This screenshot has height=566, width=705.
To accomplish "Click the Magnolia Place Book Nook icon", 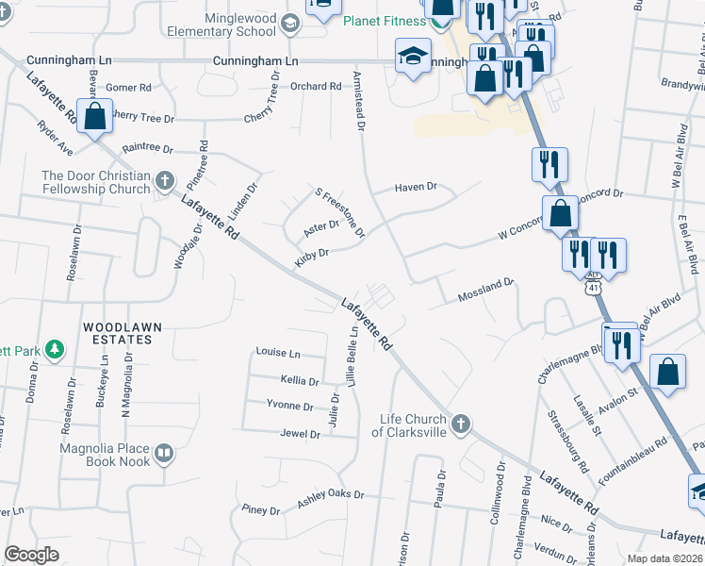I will (164, 455).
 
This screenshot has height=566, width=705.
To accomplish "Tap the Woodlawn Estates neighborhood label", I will (122, 333).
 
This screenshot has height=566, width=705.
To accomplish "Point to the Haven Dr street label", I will (416, 187).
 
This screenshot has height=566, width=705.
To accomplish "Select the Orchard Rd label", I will (316, 87).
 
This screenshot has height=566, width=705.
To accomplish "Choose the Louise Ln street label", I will (277, 353).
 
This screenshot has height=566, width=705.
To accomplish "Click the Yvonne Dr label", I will (290, 407).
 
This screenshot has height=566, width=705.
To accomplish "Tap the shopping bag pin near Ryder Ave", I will (94, 119).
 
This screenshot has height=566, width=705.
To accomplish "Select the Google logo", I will (32, 556).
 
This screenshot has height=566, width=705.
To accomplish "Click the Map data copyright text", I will (664, 558).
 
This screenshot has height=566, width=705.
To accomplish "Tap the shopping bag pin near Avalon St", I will (667, 372).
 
